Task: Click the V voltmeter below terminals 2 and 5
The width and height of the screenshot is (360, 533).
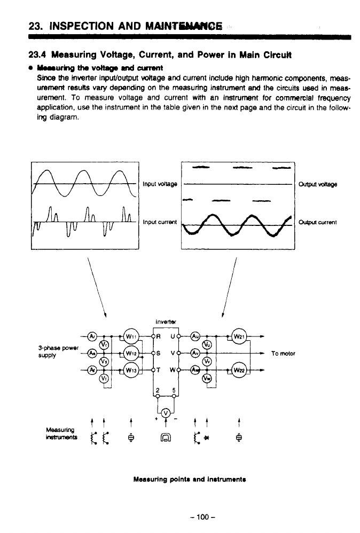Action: tap(165, 412)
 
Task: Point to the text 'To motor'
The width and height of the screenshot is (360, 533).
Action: tap(283, 354)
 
